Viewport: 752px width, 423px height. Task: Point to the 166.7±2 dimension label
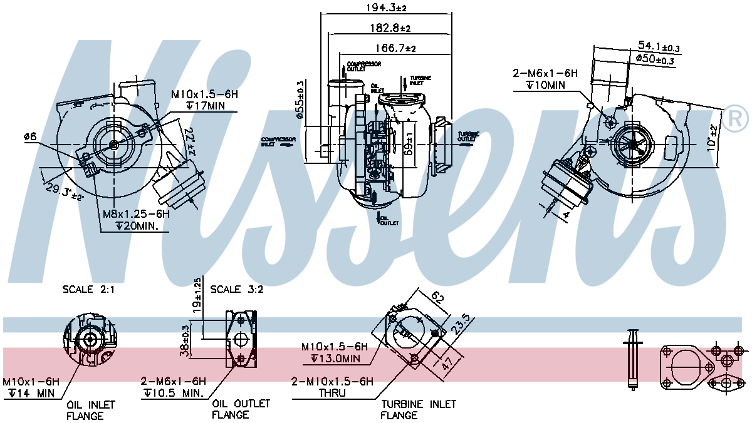pyautogui.click(x=395, y=48)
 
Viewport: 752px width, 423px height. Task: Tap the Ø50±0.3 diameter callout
pyautogui.click(x=655, y=60)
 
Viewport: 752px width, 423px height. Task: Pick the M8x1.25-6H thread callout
pyautogui.click(x=137, y=214)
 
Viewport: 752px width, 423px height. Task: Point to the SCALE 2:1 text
pyautogui.click(x=89, y=289)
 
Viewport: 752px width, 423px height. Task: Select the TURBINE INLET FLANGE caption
pyautogui.click(x=419, y=409)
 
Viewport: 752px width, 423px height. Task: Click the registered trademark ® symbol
pyautogui.click(x=736, y=119)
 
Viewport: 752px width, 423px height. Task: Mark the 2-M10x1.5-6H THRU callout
pyautogui.click(x=332, y=387)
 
